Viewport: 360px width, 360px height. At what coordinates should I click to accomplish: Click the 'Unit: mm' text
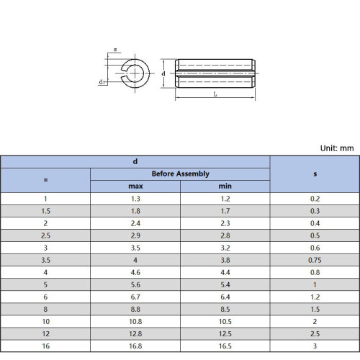(337, 148)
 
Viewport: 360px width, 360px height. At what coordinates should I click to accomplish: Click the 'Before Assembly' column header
(180, 174)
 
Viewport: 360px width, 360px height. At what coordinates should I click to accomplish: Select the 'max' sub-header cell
(135, 186)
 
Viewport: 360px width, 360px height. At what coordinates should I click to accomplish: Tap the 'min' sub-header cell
(225, 186)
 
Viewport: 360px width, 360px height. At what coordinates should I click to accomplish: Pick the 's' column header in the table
(315, 174)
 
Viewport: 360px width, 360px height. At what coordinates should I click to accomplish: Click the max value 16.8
(135, 346)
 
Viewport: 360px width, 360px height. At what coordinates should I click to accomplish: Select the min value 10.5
(225, 321)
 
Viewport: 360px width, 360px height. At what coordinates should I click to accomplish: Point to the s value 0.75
(315, 259)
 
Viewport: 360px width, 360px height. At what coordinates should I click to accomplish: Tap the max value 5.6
(135, 284)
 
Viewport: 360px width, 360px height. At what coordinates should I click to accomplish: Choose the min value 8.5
(225, 309)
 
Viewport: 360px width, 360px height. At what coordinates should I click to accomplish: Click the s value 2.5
(315, 333)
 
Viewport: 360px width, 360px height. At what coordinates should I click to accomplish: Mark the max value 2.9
(135, 235)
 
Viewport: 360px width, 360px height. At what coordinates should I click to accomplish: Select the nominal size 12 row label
(45, 333)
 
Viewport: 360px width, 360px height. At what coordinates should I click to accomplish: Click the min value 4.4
(225, 271)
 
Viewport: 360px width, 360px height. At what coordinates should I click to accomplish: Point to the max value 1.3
(135, 198)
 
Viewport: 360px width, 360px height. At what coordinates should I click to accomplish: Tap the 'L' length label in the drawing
(215, 94)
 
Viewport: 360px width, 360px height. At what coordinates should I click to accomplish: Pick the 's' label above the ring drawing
(115, 50)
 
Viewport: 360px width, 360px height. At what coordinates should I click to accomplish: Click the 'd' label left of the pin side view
(165, 73)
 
